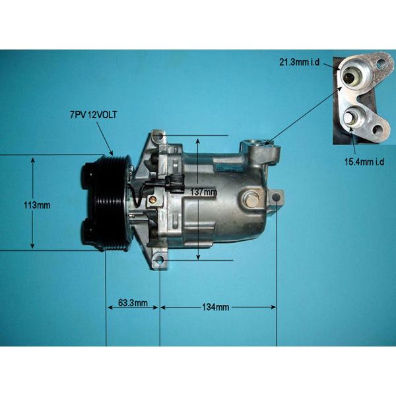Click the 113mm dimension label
coord(37,205)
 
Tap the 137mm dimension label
coord(203,192)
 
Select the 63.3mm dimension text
coord(133,303)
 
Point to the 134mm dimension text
coord(215,307)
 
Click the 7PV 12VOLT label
coord(94,115)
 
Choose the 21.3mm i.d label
coord(299,62)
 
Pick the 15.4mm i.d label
coord(364,162)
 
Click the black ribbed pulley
coord(108,203)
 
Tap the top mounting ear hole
coord(159,137)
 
